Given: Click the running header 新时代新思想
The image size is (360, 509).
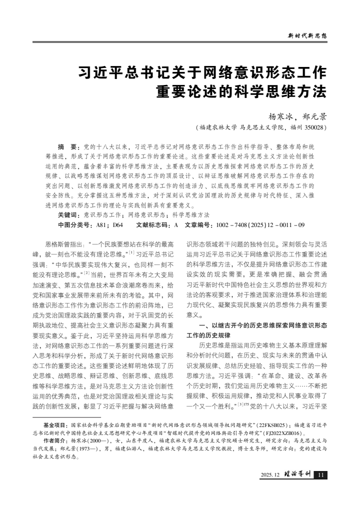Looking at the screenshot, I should [x=307, y=35].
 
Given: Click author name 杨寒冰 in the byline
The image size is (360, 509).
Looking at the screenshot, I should [x=283, y=116].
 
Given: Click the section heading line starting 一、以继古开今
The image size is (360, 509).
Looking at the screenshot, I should [x=263, y=325].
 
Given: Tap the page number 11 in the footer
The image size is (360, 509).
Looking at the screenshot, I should [x=321, y=474].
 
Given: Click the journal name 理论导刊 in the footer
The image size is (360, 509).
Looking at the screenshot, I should [x=297, y=474].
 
